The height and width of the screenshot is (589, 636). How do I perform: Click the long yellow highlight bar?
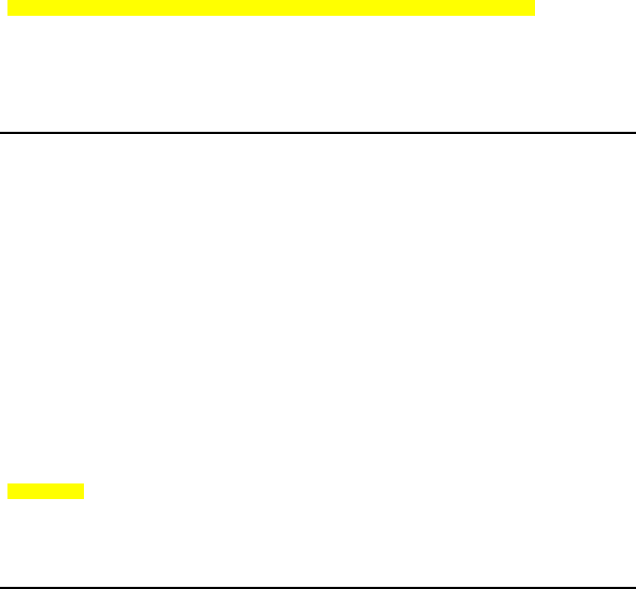click(272, 8)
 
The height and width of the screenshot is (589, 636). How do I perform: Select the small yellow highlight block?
click(46, 492)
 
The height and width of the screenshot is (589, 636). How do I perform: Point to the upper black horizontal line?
click(318, 132)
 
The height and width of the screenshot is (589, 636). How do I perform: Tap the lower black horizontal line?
click(318, 587)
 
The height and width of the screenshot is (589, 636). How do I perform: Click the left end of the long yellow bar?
click(9, 8)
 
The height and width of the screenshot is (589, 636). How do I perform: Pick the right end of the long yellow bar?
click(534, 8)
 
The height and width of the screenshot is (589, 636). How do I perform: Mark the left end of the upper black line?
click(1, 132)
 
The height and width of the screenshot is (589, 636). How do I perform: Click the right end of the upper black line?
click(634, 132)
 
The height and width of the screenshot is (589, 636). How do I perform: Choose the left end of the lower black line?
click(1, 587)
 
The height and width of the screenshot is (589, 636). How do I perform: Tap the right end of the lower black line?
click(634, 587)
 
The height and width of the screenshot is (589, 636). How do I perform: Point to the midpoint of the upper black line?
click(318, 132)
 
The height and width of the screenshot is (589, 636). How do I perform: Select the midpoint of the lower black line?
click(318, 587)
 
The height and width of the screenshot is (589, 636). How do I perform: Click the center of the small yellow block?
click(46, 492)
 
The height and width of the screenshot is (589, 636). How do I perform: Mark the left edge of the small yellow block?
click(8, 492)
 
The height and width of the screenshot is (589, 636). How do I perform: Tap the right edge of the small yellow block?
click(84, 492)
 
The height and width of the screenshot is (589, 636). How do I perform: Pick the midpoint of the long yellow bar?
click(272, 8)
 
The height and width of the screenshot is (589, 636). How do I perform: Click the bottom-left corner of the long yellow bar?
click(8, 15)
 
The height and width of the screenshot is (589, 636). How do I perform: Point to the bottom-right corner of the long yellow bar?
click(535, 15)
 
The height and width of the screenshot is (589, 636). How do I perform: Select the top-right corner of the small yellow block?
click(84, 485)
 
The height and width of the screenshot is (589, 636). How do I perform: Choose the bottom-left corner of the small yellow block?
click(8, 498)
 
